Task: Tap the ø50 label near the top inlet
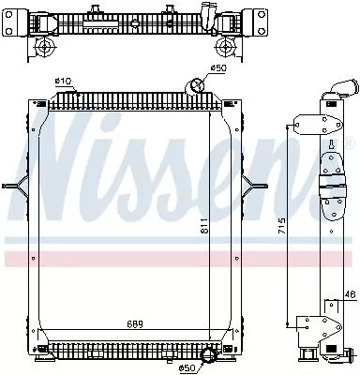[x=217, y=68]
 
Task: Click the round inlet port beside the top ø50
[x=198, y=86]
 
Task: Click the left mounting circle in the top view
[x=43, y=47]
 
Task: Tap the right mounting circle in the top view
[x=222, y=47]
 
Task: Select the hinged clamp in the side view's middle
[x=332, y=187]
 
